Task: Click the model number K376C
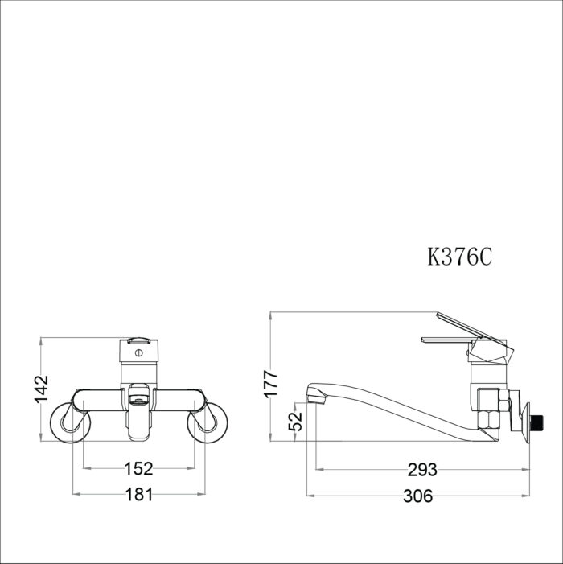459,257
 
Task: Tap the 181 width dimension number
138,496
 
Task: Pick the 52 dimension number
296,419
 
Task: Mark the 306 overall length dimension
417,496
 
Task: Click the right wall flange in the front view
208,424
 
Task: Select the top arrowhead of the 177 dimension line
271,315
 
